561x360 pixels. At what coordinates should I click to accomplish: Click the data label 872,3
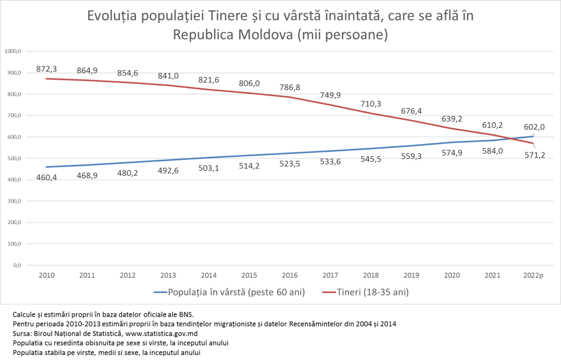47,69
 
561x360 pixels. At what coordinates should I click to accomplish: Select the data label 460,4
47,178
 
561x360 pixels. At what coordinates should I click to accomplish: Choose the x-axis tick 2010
47,275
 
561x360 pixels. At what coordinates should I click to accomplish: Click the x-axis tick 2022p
533,275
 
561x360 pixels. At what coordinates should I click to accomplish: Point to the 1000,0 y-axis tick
12,52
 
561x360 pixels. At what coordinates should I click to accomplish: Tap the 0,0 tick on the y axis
15,265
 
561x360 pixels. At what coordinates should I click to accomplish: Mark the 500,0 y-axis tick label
13,158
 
